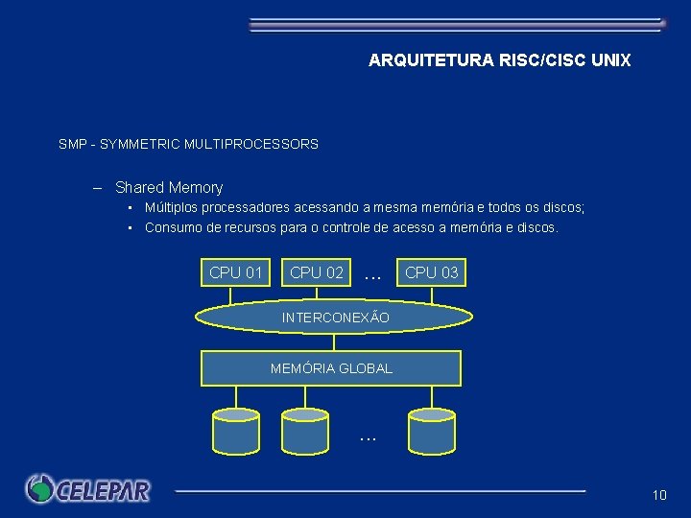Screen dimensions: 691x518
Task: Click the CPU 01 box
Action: [236, 272]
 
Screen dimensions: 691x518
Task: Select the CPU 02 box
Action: [317, 272]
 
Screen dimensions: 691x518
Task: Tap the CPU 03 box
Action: [432, 272]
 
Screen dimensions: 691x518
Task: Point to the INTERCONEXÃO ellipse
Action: [335, 317]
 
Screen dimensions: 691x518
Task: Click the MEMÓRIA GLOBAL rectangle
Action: [331, 368]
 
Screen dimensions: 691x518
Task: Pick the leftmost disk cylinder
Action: [235, 431]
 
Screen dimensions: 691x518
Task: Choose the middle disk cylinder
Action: [305, 431]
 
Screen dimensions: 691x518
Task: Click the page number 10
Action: [658, 495]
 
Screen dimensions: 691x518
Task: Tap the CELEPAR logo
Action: [88, 489]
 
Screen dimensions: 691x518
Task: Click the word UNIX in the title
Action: [611, 60]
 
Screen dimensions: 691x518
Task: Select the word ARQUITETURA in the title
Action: [430, 60]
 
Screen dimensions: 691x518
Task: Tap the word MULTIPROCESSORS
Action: [254, 145]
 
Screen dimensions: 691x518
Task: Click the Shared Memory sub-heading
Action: [169, 188]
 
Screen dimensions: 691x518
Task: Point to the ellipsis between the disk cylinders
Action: [368, 437]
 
